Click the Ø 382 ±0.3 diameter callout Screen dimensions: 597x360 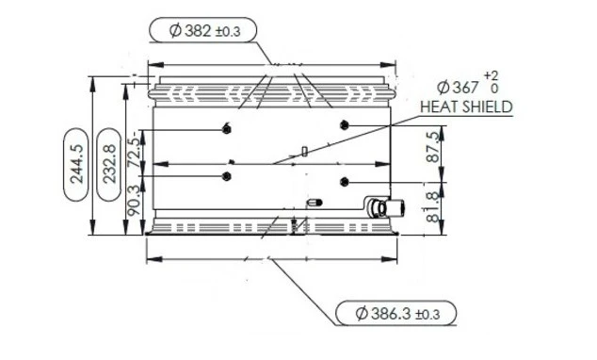point(203,30)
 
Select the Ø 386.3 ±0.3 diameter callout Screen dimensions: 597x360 point(396,314)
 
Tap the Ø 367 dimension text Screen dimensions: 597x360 point(458,88)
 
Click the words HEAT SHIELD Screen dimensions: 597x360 point(466,107)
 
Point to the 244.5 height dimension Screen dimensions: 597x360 point(76,164)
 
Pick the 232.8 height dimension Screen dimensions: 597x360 point(109,164)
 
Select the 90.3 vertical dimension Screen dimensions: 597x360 point(134,201)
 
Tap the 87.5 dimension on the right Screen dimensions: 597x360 point(433,147)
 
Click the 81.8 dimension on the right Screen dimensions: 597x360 point(433,206)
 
